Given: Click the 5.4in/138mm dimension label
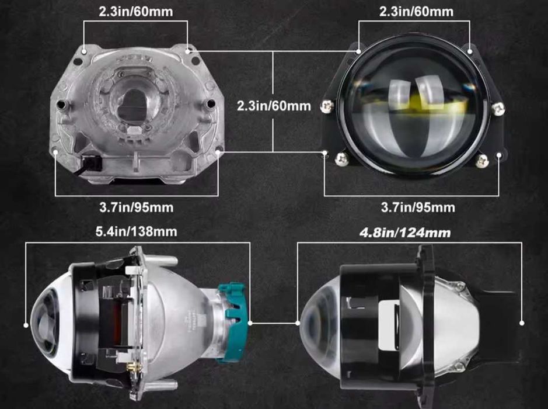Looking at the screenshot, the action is [x=137, y=231].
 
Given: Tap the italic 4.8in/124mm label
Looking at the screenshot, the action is [x=405, y=233].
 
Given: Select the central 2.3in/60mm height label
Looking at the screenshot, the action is [x=274, y=106].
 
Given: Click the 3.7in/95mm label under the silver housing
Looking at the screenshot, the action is [x=137, y=207].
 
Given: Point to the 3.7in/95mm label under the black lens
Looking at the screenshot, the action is [x=418, y=207].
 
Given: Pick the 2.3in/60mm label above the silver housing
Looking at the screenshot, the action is [x=135, y=12].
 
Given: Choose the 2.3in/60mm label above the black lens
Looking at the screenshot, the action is [x=416, y=12].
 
